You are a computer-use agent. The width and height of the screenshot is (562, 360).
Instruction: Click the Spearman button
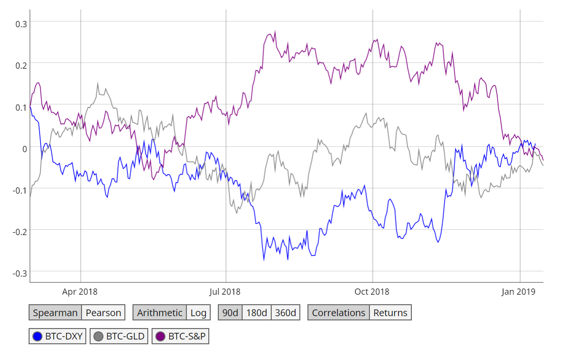[x=55, y=313]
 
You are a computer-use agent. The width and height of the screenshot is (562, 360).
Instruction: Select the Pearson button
[x=103, y=313]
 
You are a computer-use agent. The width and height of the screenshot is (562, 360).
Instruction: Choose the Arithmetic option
[x=160, y=313]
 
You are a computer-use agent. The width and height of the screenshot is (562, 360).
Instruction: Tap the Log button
[x=198, y=313]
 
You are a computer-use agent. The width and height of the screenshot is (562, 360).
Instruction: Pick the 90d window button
[x=230, y=313]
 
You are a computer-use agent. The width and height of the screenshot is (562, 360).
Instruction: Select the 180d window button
[x=256, y=313]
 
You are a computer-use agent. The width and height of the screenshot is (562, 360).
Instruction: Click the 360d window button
[x=286, y=313]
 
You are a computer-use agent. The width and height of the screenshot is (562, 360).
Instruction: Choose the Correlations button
[x=338, y=313]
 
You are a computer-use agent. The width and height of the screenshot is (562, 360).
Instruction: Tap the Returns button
[x=390, y=313]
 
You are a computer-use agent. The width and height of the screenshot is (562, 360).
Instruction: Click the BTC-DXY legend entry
[x=58, y=337]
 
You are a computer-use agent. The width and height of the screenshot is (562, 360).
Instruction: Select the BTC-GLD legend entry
[x=119, y=337]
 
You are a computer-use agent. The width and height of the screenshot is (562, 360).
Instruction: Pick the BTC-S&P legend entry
[x=181, y=337]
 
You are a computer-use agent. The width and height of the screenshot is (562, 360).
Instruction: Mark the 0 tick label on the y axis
[x=24, y=148]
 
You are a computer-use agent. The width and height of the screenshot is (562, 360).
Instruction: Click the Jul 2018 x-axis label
[x=225, y=291]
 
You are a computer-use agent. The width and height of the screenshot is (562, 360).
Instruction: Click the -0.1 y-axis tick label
[x=20, y=189]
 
